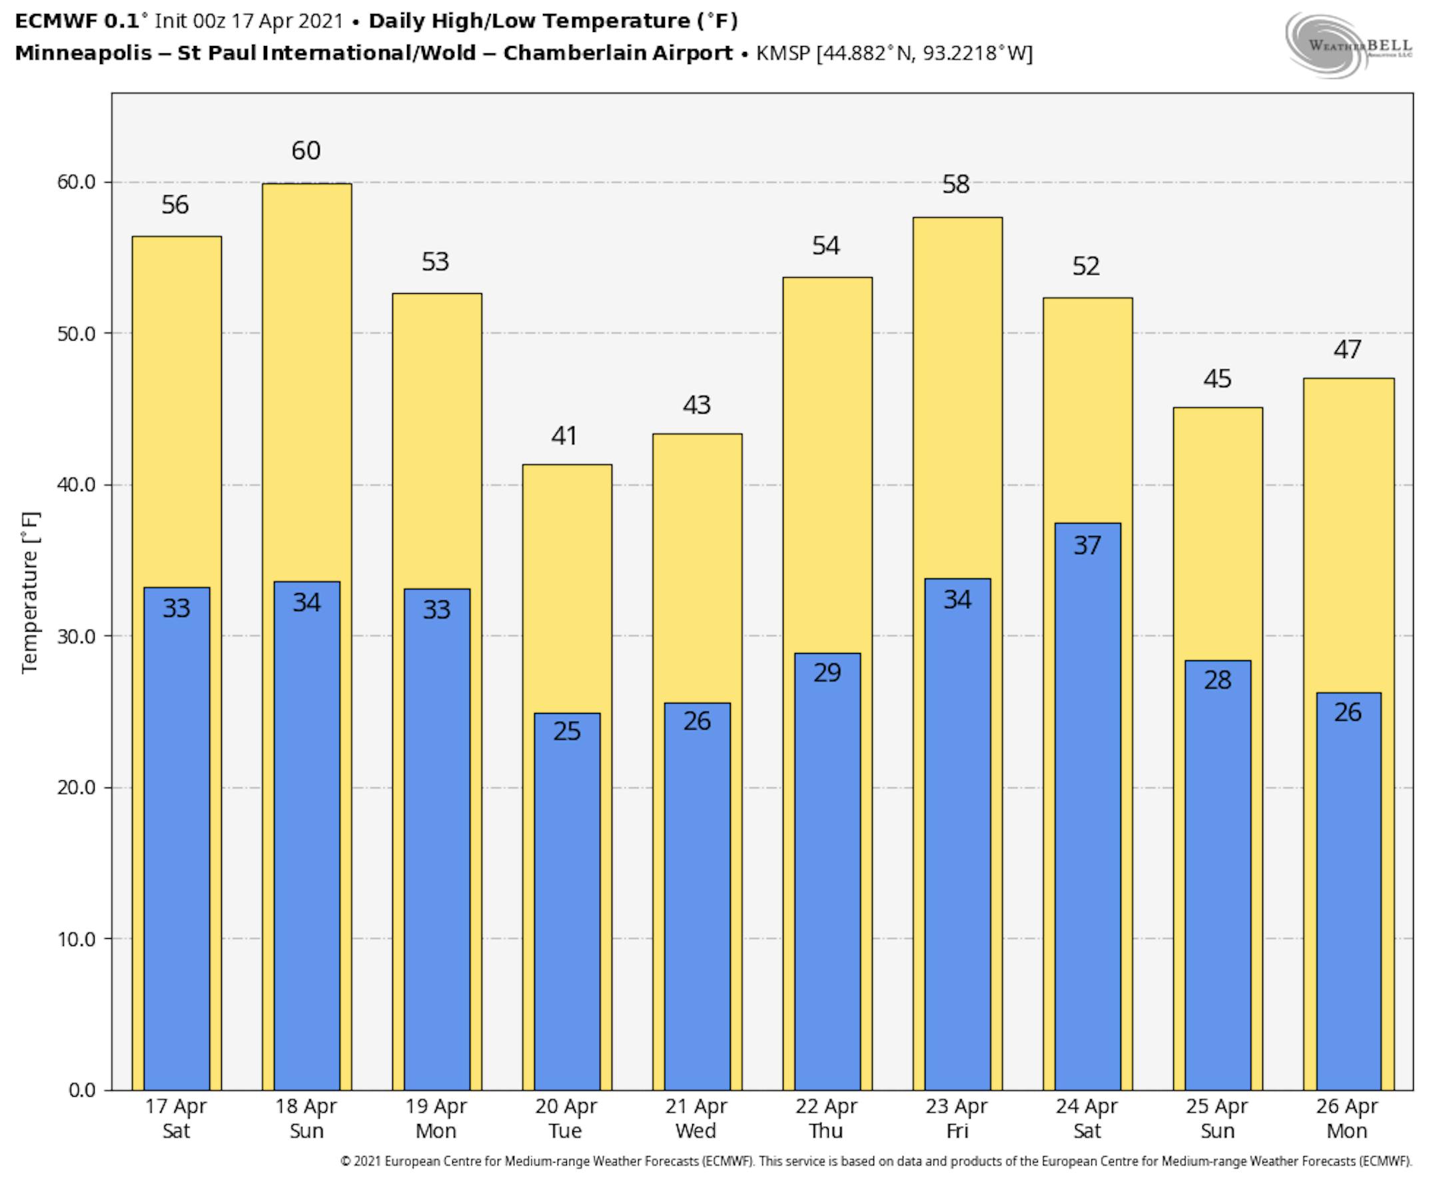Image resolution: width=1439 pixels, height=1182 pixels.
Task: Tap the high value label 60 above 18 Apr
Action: [x=306, y=151]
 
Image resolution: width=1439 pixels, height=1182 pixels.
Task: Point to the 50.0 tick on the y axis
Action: [x=75, y=334]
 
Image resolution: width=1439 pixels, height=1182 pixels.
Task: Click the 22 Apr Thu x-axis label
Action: [x=826, y=1119]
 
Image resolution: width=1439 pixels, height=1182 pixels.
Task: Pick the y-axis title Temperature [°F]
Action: [x=30, y=592]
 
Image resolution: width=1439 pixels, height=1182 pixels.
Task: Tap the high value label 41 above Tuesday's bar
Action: [x=565, y=436]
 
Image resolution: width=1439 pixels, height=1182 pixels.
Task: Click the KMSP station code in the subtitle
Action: [x=783, y=53]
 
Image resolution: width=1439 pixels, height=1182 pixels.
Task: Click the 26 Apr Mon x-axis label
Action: [x=1347, y=1119]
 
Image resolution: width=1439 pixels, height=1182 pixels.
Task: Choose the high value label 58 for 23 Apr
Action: [x=956, y=185]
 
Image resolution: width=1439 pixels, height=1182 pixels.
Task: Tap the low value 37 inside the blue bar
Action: [x=1087, y=546]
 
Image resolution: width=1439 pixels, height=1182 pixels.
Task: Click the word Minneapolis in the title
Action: [x=83, y=53]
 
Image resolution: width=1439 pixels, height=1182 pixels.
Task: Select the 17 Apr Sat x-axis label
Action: [x=176, y=1119]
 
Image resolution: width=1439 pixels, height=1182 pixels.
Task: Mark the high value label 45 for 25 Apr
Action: [x=1217, y=379]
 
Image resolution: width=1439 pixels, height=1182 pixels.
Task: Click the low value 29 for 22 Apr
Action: [x=827, y=673]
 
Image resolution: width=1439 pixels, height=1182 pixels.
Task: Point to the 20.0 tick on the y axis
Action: [x=75, y=788]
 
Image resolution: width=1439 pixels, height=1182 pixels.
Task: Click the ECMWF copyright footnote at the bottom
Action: [x=876, y=1161]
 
